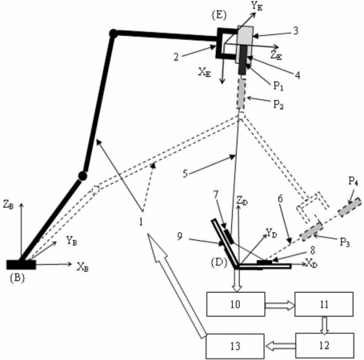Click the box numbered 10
[x=236, y=304]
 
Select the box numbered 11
[x=324, y=304]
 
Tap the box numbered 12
[x=325, y=346]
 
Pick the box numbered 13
[x=235, y=346]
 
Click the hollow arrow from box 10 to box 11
[x=280, y=306]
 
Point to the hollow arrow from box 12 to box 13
[x=280, y=346]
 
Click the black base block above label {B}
[x=21, y=265]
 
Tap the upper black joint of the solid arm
[x=113, y=34]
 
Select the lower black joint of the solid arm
[x=82, y=176]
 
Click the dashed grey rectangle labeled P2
[x=242, y=94]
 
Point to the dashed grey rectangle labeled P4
[x=350, y=207]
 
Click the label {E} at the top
[x=219, y=15]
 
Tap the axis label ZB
[x=8, y=205]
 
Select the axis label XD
[x=311, y=263]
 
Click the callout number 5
[x=185, y=174]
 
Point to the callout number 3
[x=295, y=31]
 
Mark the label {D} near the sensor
[x=219, y=262]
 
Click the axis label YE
[x=257, y=6]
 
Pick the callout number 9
[x=180, y=236]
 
